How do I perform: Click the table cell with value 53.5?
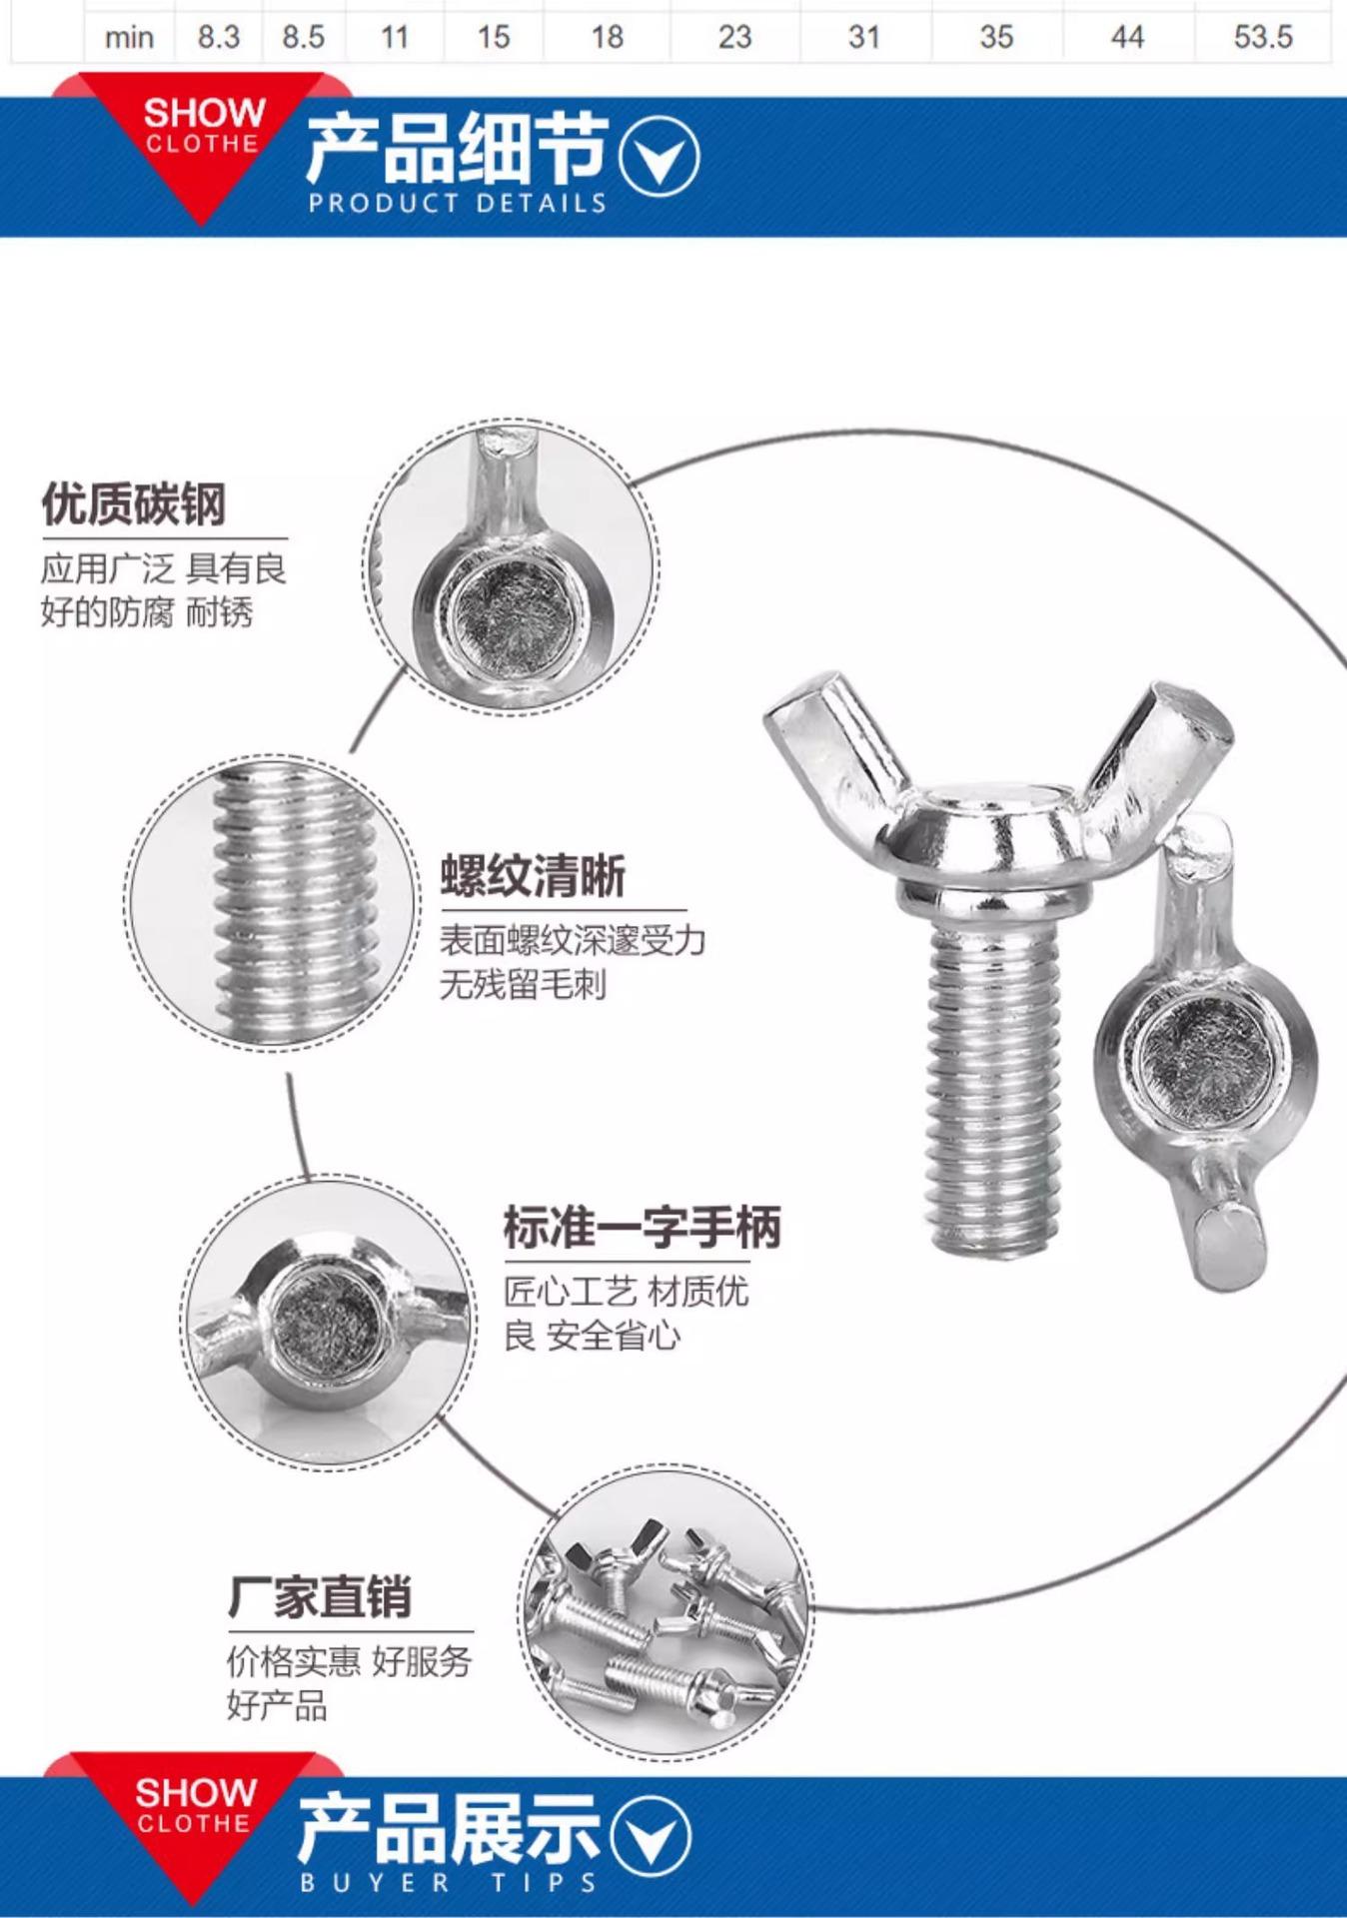(1263, 37)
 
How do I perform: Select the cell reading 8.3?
(218, 37)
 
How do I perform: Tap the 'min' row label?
(129, 38)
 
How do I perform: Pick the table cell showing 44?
(1127, 37)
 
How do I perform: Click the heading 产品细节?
(457, 148)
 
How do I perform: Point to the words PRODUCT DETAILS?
(458, 203)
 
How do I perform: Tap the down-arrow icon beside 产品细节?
(659, 155)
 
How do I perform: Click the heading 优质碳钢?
(134, 503)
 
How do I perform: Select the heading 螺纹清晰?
(533, 876)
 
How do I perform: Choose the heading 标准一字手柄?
(642, 1228)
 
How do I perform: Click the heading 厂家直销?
(320, 1596)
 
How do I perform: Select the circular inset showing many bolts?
(665, 1616)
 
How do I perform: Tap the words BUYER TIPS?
(449, 1883)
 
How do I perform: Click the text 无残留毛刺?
(523, 985)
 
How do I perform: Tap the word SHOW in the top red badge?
(204, 113)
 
